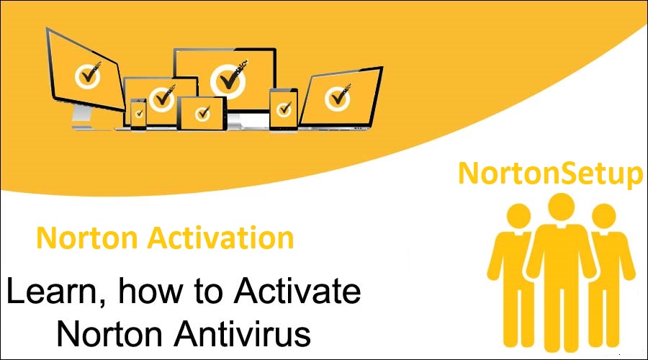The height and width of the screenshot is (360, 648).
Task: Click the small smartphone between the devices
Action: [138, 112]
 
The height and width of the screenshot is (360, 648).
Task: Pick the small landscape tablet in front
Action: [202, 112]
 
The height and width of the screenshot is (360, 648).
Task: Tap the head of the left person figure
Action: [517, 216]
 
